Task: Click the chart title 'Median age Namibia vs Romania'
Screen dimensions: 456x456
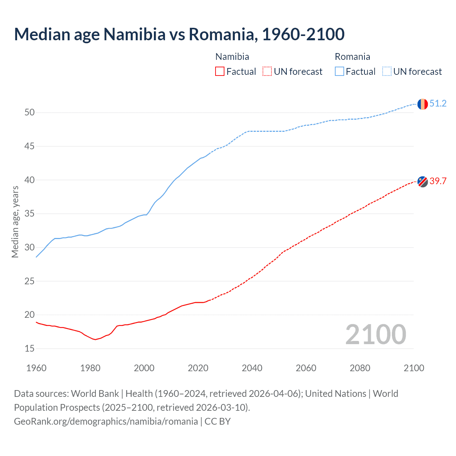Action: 179,34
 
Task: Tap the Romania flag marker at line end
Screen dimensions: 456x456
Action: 422,104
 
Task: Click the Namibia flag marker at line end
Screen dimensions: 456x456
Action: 422,181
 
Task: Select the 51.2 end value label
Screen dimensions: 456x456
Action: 438,104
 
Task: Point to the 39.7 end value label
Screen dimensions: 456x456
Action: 438,181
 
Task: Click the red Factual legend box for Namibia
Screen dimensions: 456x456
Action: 220,72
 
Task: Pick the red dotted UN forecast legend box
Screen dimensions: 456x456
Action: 267,72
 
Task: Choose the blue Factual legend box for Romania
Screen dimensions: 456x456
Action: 340,72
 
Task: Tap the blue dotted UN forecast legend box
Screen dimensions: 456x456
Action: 387,72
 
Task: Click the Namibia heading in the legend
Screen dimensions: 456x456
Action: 232,57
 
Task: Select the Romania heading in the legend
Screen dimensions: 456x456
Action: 352,57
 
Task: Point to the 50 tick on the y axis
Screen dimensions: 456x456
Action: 30,113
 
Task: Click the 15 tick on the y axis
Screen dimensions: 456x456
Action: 30,348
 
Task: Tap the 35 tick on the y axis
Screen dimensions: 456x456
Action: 30,214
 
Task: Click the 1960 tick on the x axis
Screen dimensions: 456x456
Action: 36,368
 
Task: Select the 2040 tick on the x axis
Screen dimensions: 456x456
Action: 252,368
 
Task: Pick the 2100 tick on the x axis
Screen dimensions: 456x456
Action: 414,368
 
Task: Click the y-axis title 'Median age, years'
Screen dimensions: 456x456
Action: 15,222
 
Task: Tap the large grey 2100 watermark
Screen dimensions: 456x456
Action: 375,334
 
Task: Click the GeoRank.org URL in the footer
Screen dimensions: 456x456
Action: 106,421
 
